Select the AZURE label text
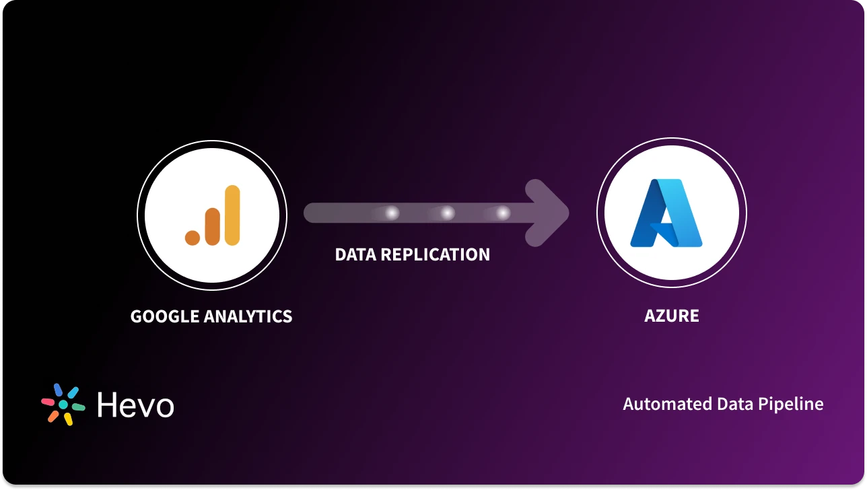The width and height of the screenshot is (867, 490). [671, 316]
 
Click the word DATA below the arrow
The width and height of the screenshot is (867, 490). [355, 254]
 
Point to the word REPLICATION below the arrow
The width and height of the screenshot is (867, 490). [435, 254]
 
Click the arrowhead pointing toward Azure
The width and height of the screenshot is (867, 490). [549, 213]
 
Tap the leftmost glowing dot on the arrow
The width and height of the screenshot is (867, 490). [391, 213]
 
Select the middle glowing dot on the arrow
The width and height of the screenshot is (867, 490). [447, 213]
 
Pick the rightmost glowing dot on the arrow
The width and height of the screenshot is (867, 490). [503, 213]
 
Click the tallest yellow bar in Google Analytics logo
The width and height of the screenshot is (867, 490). [232, 215]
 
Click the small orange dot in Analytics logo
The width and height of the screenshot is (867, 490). [193, 237]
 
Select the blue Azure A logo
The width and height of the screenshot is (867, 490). [666, 213]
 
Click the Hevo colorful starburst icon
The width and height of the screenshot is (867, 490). [63, 405]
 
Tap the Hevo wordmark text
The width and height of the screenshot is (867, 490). [135, 405]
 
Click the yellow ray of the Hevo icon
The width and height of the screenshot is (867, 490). [68, 419]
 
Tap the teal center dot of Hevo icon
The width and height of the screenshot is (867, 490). [63, 405]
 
